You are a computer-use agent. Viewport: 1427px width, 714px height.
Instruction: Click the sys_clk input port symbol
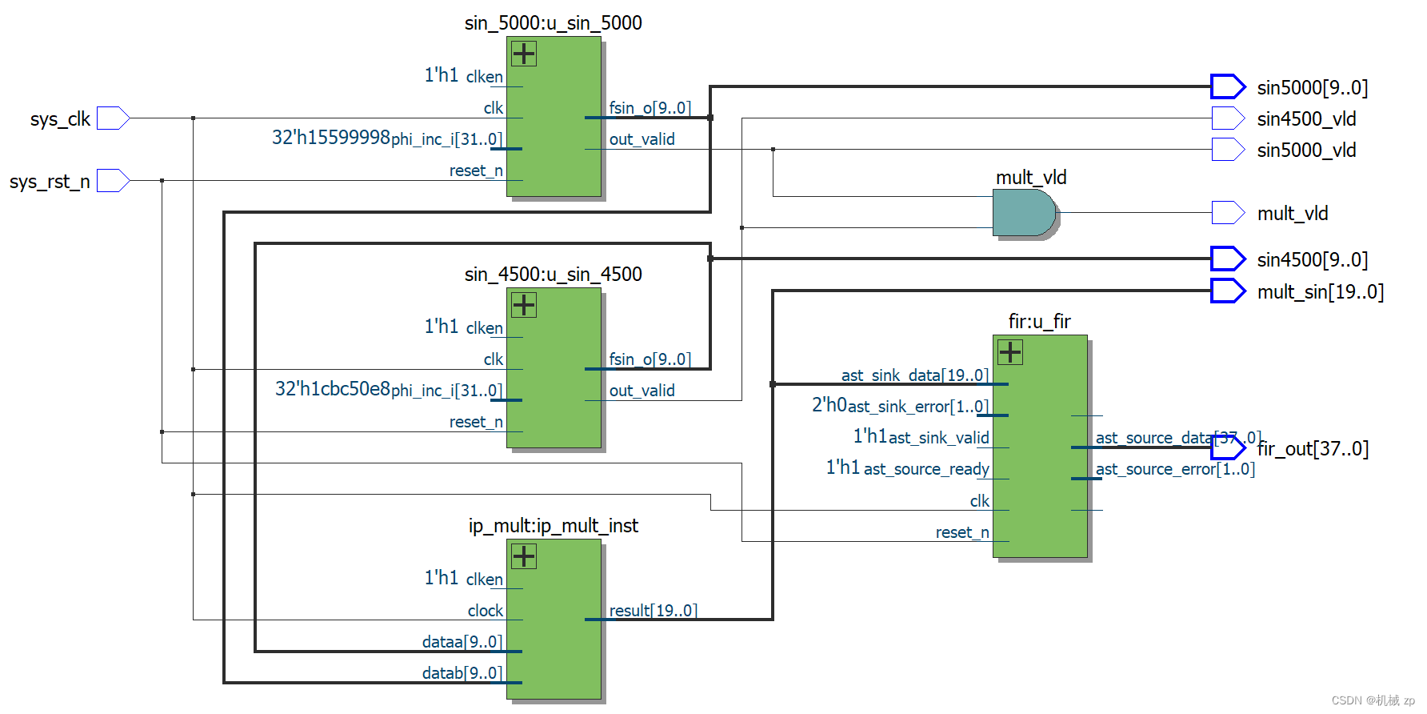coord(113,118)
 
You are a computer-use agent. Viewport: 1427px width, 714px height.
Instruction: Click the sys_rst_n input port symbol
coord(113,181)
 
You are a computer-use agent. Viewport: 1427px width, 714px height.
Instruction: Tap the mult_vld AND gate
coord(1025,213)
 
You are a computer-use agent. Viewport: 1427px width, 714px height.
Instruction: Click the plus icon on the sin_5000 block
coord(524,54)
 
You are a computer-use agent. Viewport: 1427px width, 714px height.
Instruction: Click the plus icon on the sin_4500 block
coord(524,305)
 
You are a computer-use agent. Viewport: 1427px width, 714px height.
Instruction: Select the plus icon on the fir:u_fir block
coord(1010,352)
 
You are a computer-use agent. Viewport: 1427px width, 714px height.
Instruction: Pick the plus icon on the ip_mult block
coord(524,556)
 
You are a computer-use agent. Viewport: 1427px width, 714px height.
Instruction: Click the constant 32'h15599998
coord(330,138)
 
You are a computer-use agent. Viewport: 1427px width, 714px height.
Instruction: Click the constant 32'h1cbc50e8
coord(332,389)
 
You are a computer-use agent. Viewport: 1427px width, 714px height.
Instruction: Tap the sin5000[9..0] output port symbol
coord(1228,86)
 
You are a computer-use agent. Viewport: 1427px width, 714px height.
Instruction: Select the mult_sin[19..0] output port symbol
coord(1228,291)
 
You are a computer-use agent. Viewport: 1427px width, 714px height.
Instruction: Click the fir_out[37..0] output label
coord(1313,449)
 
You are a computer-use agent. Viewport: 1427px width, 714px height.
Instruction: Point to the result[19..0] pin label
coord(653,611)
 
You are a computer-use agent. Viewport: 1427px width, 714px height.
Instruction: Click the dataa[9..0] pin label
coord(462,642)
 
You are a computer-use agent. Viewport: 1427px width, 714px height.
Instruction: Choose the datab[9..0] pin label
coord(462,673)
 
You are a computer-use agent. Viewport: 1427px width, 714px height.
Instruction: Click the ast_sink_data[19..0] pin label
coord(914,375)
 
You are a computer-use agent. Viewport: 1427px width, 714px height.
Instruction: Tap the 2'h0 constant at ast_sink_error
coord(829,405)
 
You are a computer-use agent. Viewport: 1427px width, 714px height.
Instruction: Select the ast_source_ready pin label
coord(926,469)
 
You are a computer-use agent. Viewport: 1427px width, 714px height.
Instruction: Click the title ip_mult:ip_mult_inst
coord(553,526)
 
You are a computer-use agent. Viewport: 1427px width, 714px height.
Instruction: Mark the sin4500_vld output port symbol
coord(1228,118)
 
